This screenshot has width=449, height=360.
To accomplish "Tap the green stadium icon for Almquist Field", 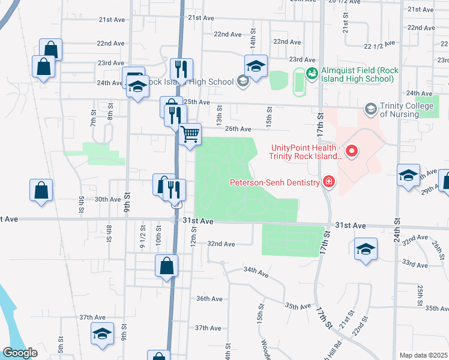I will pyautogui.click(x=312, y=73).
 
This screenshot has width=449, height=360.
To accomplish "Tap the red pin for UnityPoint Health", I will pyautogui.click(x=352, y=152).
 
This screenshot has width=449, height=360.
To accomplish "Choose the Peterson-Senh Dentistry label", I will pyautogui.click(x=273, y=181).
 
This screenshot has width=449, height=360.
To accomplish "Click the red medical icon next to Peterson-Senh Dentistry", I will pyautogui.click(x=328, y=181).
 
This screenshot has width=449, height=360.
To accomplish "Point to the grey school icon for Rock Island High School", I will pyautogui.click(x=243, y=82).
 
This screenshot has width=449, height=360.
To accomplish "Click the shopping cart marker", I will pyautogui.click(x=190, y=134).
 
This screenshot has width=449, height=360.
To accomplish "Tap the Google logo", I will pyautogui.click(x=20, y=353).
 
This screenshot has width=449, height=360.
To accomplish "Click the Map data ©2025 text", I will pyautogui.click(x=423, y=355).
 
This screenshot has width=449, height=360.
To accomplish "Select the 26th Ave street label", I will pyautogui.click(x=238, y=129).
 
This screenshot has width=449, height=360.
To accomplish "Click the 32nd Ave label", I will pyautogui.click(x=221, y=244).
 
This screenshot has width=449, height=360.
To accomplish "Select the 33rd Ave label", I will pyautogui.click(x=414, y=263).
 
